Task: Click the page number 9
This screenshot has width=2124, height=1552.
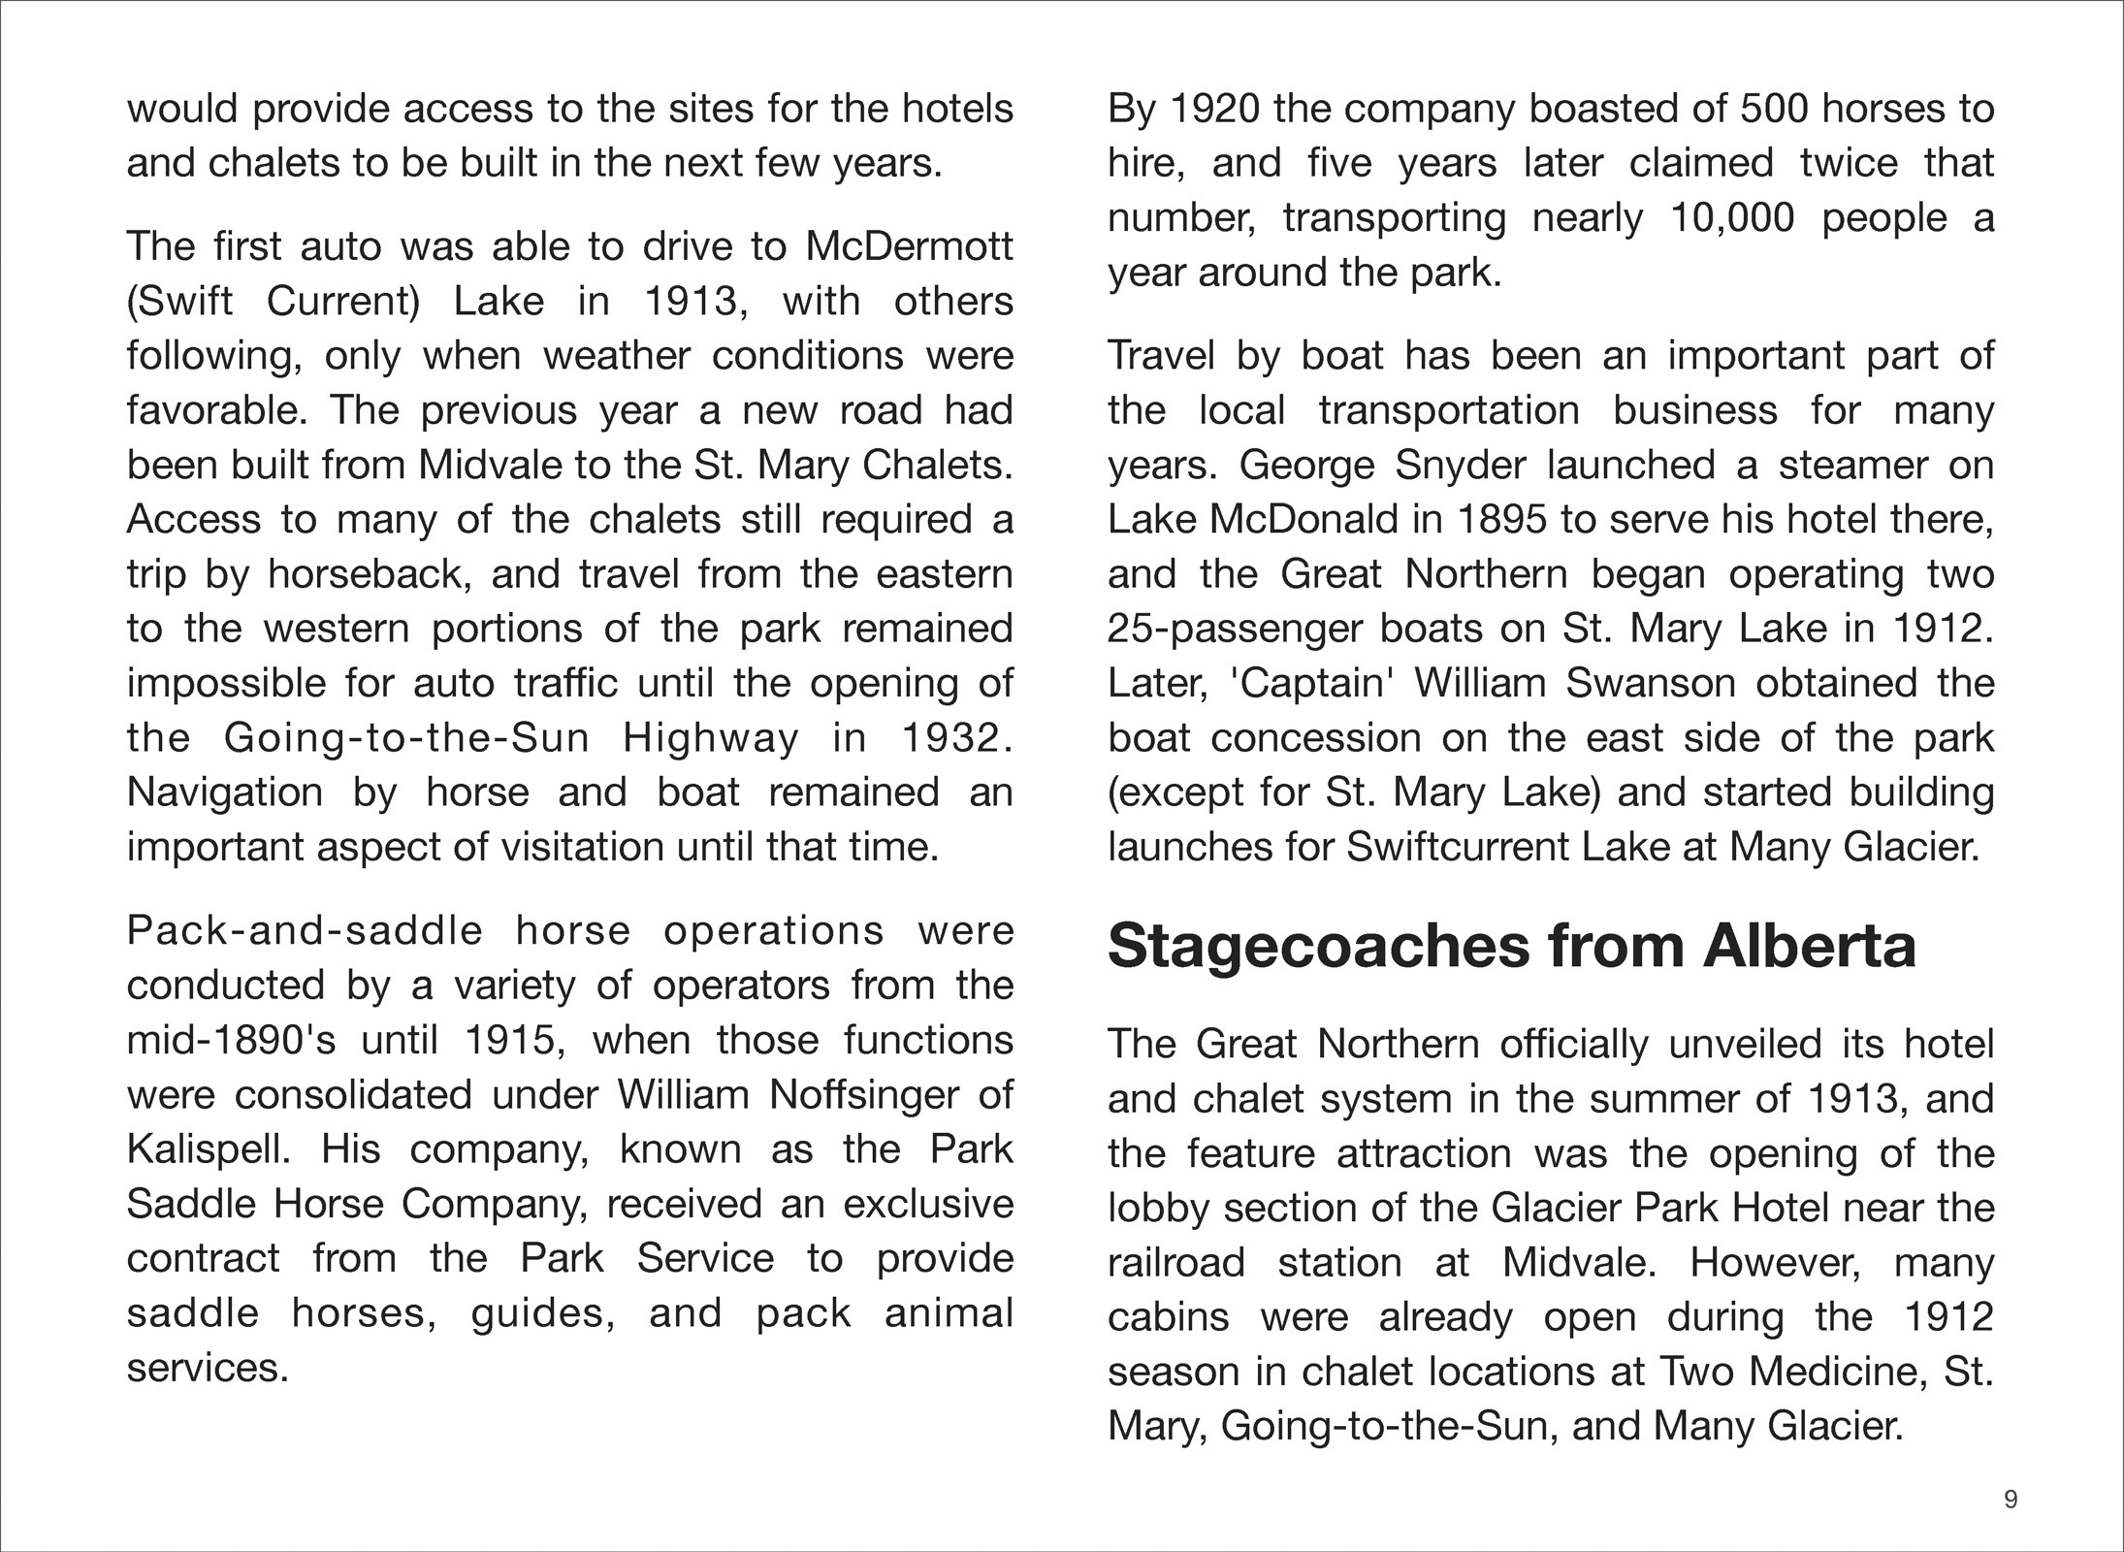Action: click(x=2011, y=1500)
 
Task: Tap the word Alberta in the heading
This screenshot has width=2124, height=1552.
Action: click(x=1810, y=946)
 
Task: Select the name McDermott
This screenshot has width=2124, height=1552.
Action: click(x=909, y=246)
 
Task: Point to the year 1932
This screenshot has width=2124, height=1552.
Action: click(x=956, y=738)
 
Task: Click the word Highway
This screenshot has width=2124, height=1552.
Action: click(x=711, y=739)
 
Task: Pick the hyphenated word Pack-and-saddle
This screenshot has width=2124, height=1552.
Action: click(x=305, y=931)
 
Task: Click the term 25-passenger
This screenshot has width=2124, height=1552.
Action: click(x=1234, y=630)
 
